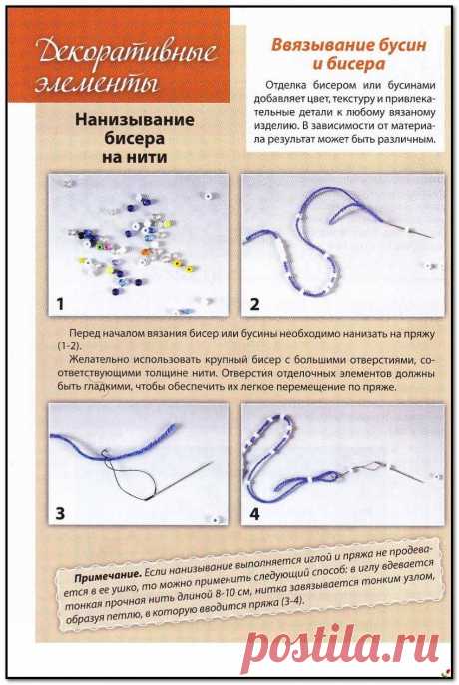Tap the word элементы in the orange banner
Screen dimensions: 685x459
pos(86,79)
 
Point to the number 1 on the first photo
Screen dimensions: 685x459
pos(61,302)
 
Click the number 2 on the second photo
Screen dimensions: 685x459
pos(255,303)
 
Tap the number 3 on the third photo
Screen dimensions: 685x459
pos(61,514)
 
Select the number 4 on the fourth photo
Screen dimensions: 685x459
pos(255,514)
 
